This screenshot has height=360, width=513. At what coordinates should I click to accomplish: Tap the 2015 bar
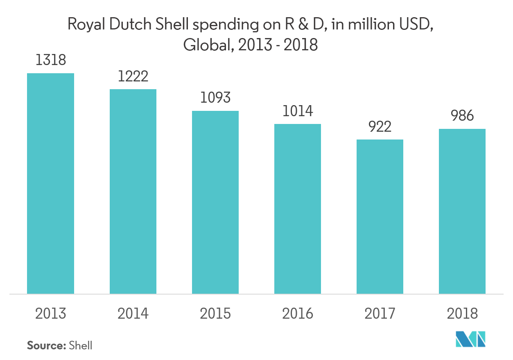[215, 202]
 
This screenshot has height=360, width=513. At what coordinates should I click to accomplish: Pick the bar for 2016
[298, 209]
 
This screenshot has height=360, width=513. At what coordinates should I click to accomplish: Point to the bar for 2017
[380, 216]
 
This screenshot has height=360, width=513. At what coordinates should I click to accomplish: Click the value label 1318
[50, 60]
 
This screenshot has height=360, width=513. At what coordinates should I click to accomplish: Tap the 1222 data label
[133, 76]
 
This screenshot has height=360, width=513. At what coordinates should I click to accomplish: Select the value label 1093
[215, 98]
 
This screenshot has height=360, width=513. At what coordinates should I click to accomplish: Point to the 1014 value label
[298, 111]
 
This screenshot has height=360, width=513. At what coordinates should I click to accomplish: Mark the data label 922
[380, 126]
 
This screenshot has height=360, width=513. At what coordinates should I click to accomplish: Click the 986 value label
[462, 116]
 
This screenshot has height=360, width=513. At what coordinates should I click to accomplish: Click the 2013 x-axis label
[50, 314]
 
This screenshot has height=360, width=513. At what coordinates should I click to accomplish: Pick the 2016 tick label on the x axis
[298, 314]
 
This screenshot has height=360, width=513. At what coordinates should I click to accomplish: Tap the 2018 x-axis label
[462, 314]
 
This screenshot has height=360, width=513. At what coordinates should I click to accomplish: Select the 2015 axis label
[215, 314]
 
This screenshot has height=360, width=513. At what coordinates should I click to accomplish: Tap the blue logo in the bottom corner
[471, 339]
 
